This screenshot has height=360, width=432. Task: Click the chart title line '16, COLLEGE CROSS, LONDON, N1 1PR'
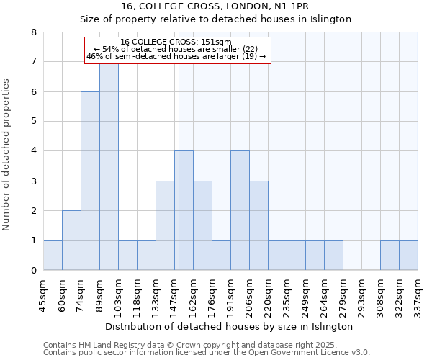click(215, 6)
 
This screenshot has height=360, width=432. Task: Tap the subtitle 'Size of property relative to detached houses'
click(215, 19)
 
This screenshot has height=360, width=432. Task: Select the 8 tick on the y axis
click(33, 32)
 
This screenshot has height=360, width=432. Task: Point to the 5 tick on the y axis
click(33, 122)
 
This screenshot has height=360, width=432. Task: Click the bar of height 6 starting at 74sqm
click(90, 181)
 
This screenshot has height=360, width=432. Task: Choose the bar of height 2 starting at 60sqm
click(71, 240)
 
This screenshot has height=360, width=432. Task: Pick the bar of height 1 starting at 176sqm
click(221, 256)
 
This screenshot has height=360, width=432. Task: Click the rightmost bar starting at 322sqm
click(408, 256)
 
